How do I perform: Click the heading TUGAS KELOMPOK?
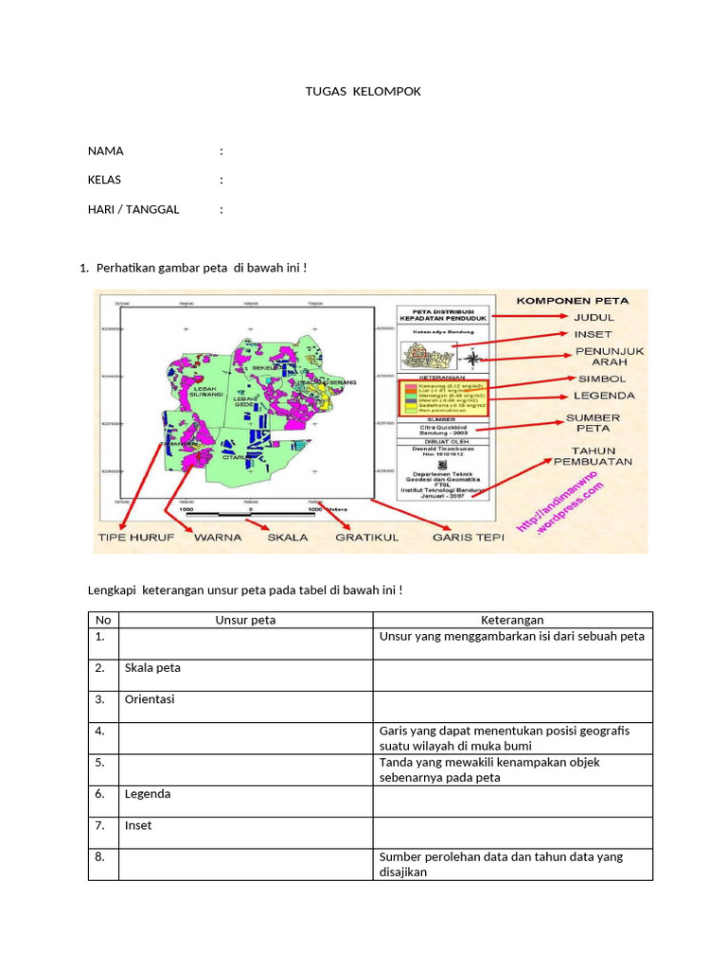click(363, 92)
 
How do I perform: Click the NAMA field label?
click(105, 151)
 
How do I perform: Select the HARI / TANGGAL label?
click(133, 209)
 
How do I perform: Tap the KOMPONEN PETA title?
click(572, 301)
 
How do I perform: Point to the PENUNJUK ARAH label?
click(610, 356)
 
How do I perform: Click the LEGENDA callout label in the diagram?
click(604, 396)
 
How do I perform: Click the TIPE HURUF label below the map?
click(136, 537)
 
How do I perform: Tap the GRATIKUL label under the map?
click(366, 537)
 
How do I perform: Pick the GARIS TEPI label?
click(468, 537)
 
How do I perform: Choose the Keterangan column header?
click(512, 620)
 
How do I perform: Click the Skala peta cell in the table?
click(152, 668)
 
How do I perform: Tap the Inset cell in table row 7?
click(138, 826)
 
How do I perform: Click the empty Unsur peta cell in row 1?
click(246, 643)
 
